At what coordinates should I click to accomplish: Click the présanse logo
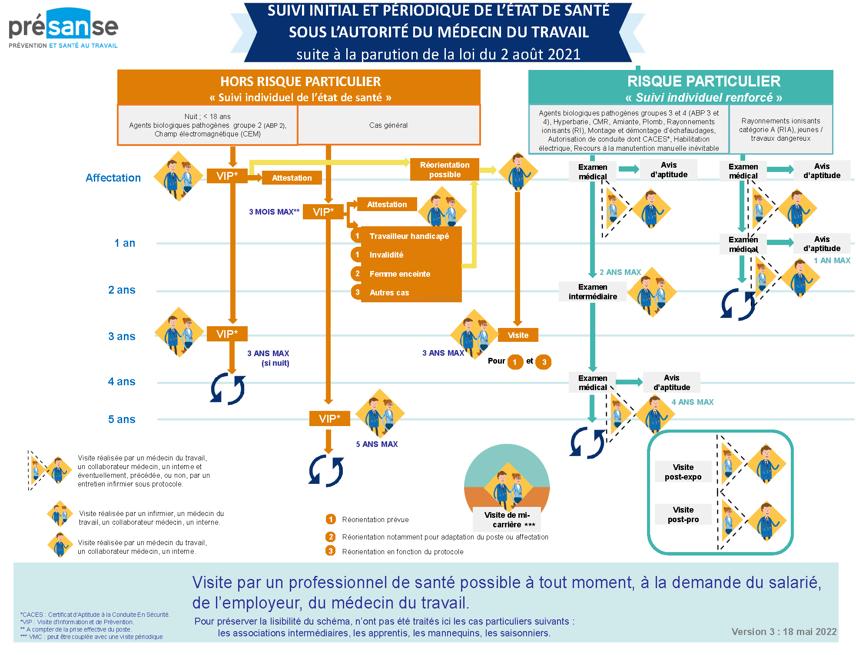63,28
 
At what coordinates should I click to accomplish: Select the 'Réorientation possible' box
445,169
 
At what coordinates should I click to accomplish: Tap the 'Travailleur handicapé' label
409,236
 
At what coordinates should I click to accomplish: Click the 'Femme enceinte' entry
400,274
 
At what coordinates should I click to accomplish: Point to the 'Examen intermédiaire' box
593,292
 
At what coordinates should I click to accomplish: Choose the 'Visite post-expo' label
683,472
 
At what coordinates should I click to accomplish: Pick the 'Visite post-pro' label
683,515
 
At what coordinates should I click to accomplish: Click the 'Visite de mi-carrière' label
507,519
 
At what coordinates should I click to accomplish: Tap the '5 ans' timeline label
122,420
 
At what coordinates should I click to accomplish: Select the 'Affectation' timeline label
113,178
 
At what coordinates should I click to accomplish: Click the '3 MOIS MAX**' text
274,212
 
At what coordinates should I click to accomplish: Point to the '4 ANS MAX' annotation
693,402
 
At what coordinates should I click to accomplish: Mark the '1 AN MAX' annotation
832,261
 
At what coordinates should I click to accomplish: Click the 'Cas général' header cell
388,125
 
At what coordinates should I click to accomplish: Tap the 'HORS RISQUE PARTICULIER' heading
300,81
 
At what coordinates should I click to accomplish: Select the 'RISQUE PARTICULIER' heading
704,81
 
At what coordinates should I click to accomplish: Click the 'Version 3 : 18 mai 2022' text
784,632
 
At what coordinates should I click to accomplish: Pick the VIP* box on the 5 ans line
329,419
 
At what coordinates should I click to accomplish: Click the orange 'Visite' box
518,335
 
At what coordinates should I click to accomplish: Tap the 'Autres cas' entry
389,293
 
